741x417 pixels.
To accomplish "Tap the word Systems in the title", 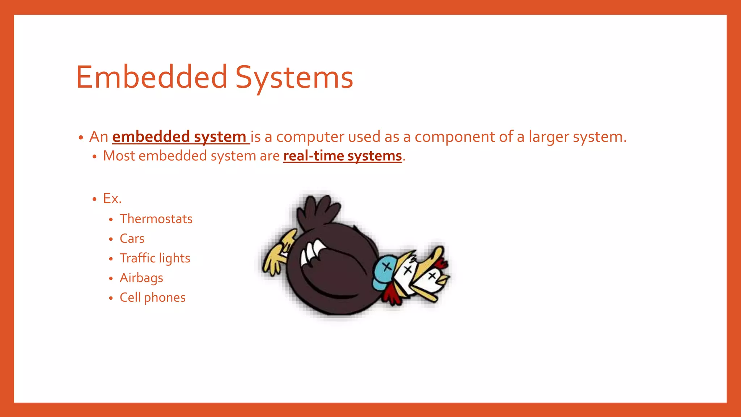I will point(294,77).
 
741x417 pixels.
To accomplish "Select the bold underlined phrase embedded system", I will point(179,137).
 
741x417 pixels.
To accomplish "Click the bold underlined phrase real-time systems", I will point(342,156).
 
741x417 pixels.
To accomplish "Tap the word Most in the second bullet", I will point(119,156).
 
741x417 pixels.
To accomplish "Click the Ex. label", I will point(112,198).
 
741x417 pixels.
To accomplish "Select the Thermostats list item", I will point(156,219).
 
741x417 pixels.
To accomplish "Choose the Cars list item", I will point(132,239).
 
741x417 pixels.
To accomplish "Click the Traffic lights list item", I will point(155,258).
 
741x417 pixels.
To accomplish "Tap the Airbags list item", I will point(141,278).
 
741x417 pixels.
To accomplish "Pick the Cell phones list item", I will point(153,298).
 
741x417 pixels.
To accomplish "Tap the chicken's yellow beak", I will point(444,280).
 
